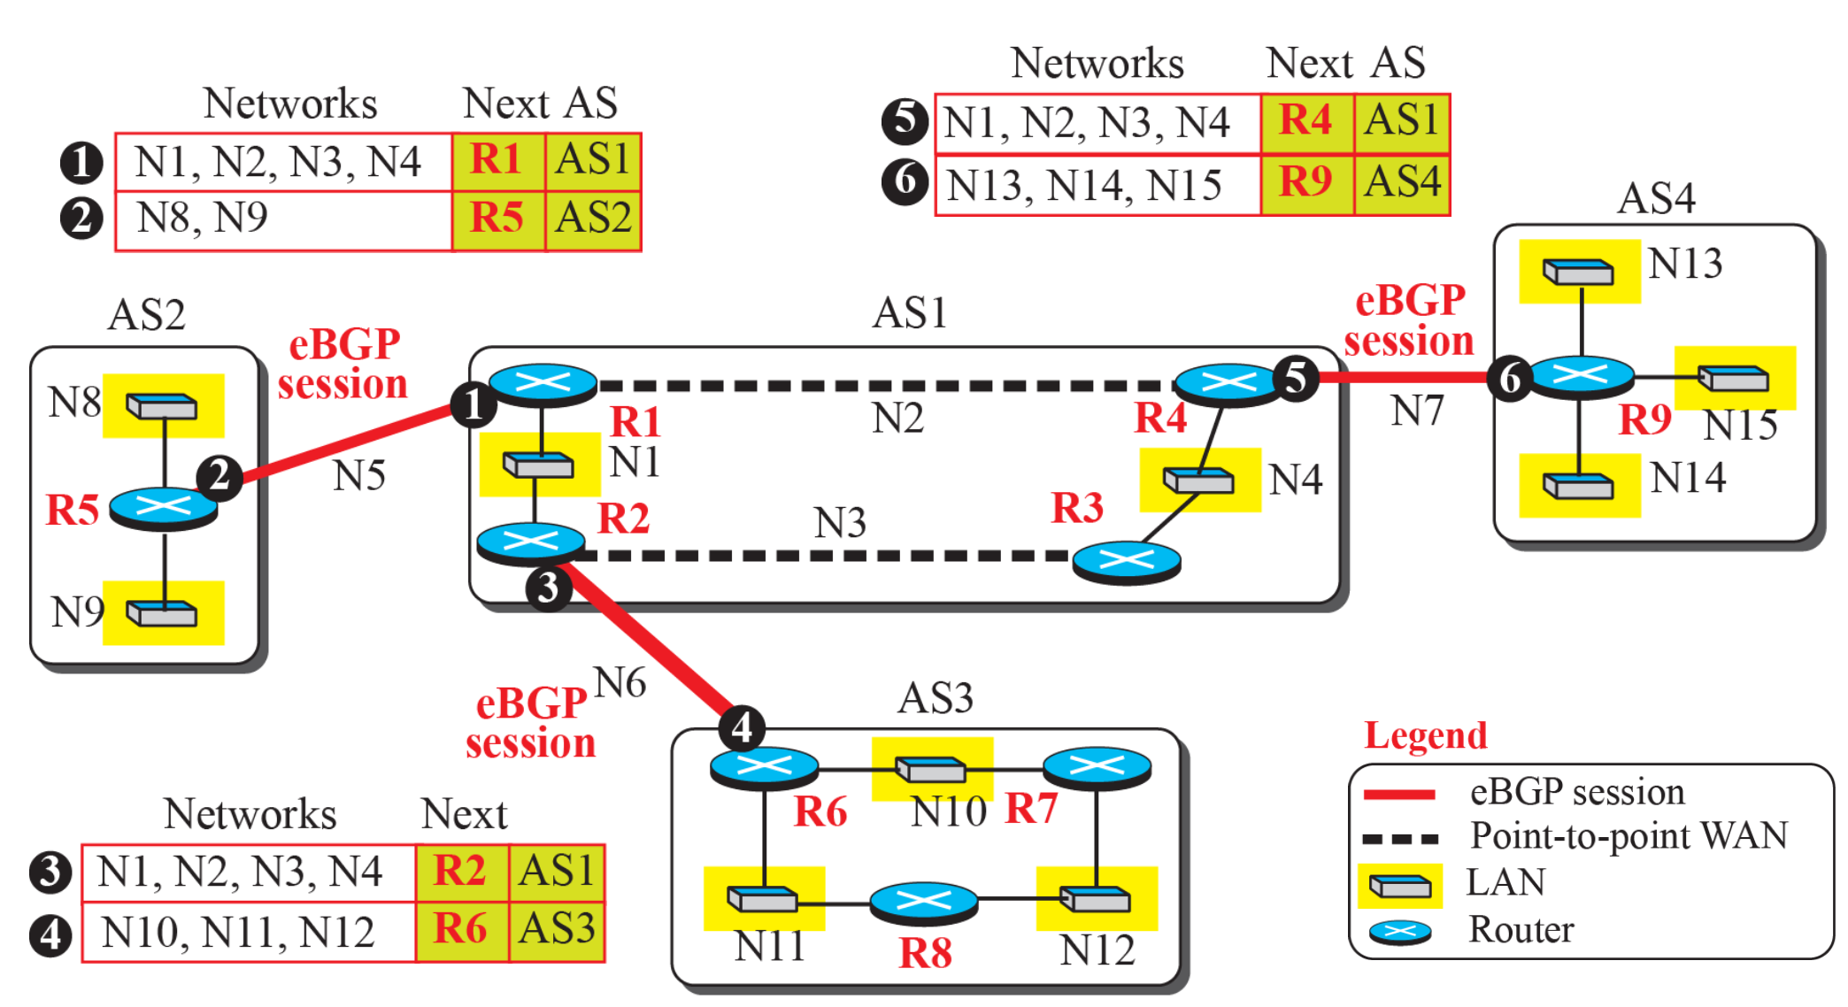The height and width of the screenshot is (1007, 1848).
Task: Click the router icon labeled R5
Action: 164,507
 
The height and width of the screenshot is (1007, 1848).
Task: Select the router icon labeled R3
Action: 1126,560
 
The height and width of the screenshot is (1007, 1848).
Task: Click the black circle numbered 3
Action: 548,588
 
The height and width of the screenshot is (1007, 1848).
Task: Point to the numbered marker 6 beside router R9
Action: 1510,378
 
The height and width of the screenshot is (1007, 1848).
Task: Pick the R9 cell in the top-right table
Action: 1306,183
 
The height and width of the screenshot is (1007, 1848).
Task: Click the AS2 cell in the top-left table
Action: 593,219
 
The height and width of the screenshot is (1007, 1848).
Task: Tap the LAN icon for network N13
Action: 1579,271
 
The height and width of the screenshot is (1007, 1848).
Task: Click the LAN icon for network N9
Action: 162,612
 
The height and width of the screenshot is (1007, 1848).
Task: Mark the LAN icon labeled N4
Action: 1199,480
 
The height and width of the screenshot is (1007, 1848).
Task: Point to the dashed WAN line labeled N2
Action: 885,386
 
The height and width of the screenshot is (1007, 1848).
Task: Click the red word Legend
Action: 1425,735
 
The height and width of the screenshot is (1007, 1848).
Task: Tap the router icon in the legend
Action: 1399,932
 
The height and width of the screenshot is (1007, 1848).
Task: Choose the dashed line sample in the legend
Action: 1399,837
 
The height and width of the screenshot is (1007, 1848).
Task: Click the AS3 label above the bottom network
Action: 935,698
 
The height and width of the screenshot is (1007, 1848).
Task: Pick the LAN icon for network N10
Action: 931,768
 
